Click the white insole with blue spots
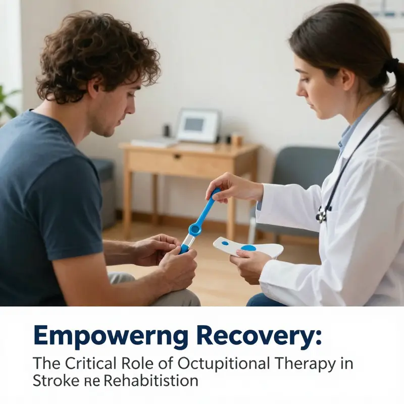pos(247,247)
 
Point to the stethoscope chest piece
pos(321,216)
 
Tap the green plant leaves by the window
pos(7,101)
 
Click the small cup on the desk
pos(234,139)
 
